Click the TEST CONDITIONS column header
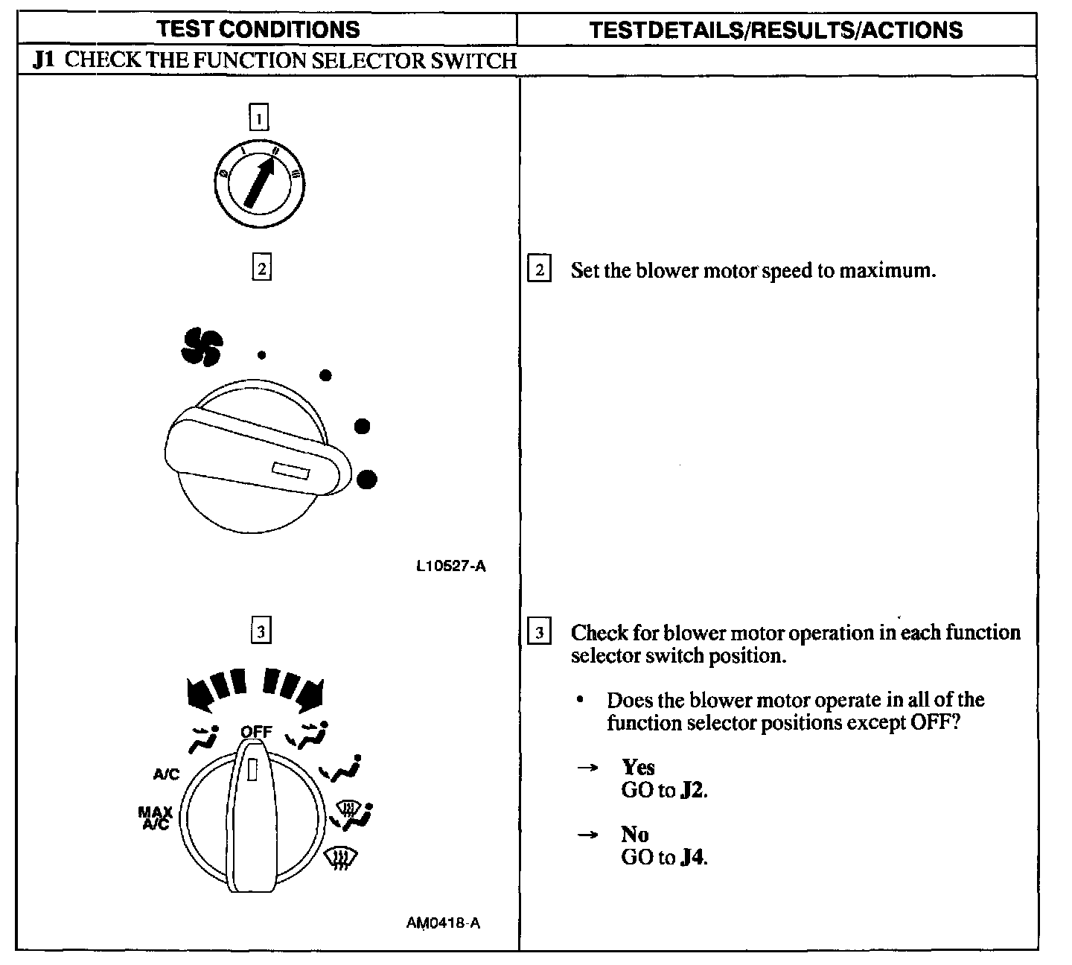258,29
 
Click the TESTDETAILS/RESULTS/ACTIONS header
776,30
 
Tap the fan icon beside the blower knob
201,348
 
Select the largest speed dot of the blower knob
366,480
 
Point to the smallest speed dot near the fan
261,355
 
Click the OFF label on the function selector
257,731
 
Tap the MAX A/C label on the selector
155,818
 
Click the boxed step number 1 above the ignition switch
258,118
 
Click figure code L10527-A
451,566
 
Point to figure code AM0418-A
443,923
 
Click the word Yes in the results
638,767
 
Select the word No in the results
634,834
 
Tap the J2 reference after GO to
692,790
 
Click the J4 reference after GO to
692,857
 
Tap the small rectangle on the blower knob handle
291,471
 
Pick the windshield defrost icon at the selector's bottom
339,861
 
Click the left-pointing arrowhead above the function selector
197,693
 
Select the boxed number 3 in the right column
539,633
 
